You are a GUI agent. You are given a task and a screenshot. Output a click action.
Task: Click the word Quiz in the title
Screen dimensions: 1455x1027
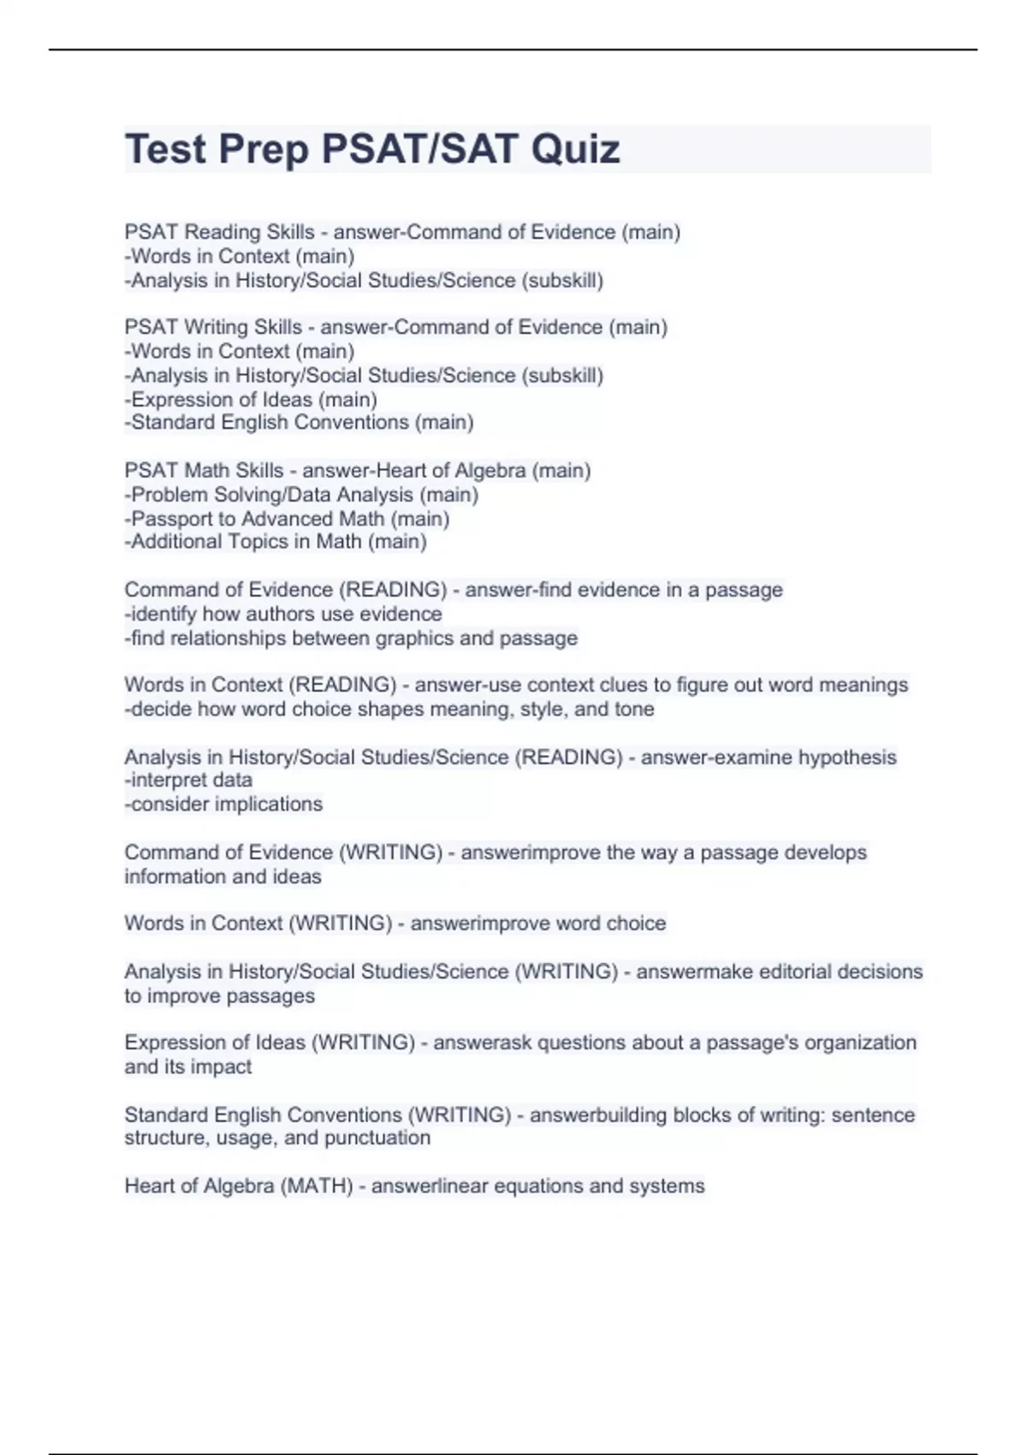point(575,150)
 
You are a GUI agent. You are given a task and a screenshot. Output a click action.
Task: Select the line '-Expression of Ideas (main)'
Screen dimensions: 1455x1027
point(251,400)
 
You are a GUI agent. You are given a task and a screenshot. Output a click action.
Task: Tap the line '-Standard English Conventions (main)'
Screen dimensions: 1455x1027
point(299,423)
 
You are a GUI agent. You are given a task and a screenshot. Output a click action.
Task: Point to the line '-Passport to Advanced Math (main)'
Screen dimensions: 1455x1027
point(287,519)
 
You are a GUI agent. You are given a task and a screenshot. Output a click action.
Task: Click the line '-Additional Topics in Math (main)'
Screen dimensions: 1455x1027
point(276,542)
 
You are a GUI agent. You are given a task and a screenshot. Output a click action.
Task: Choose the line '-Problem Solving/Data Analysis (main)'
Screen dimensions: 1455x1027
point(301,495)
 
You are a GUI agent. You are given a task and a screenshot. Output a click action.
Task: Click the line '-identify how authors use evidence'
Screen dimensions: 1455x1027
point(283,614)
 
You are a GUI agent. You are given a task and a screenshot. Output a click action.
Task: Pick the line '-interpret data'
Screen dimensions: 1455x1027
point(188,781)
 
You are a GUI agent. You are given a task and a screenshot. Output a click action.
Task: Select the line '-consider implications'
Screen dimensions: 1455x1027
point(223,805)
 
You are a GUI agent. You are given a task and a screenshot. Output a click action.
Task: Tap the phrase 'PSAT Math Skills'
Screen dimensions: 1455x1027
point(204,471)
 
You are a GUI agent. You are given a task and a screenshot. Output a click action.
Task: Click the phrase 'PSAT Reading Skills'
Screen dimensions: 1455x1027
point(219,233)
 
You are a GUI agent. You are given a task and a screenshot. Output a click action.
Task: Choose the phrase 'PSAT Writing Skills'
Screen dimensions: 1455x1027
point(213,328)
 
